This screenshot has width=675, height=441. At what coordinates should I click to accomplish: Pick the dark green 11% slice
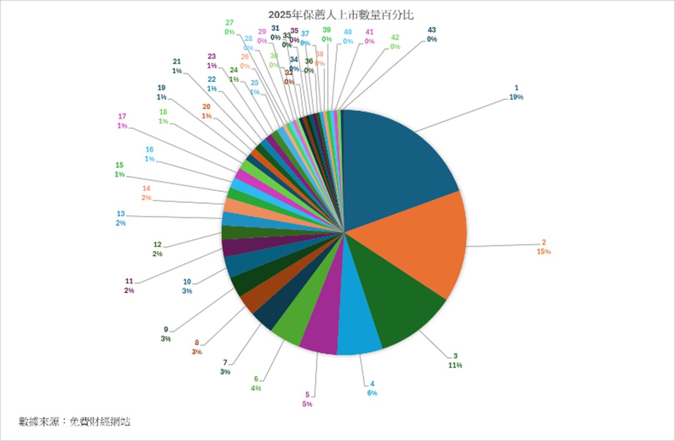point(399,305)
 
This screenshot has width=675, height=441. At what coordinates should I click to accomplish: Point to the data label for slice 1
point(516,93)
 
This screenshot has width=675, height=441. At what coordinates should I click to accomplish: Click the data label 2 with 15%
point(544,247)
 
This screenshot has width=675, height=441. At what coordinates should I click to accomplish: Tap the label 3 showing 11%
point(455,360)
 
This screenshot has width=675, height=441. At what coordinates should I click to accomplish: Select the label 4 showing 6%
point(372,388)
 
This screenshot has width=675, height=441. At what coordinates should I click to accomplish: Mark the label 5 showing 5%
point(307,399)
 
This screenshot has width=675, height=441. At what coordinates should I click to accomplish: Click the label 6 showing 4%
point(256,383)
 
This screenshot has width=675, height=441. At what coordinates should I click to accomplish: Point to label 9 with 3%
point(165,333)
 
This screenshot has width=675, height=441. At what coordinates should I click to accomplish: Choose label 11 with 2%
point(129,285)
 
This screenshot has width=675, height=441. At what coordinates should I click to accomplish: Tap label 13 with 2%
point(121,218)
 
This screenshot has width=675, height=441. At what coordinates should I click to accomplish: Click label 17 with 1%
point(122,121)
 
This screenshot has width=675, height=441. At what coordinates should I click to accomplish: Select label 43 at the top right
point(432,34)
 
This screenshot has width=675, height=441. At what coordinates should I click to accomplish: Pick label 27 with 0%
point(229,28)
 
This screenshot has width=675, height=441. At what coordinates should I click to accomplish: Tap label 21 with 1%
point(177,66)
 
